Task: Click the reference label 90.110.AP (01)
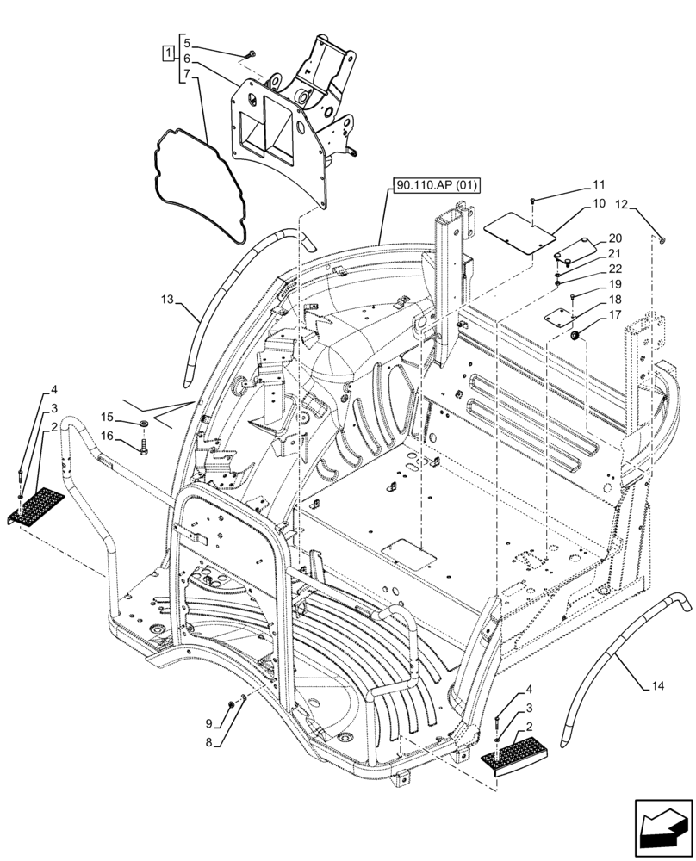[437, 186]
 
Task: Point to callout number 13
[167, 300]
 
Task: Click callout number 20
[614, 238]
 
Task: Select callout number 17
[614, 315]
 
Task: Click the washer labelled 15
[143, 424]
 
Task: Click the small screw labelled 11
[534, 200]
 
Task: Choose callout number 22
[614, 269]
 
